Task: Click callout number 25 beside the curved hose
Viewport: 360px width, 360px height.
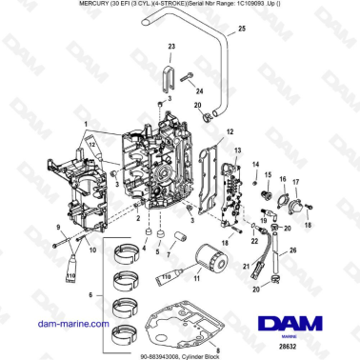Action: [x=241, y=30]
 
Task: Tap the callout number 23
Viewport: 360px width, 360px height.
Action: [x=171, y=46]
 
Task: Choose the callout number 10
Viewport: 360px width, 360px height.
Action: [x=93, y=251]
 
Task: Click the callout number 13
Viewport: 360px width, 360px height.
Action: [x=237, y=150]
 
